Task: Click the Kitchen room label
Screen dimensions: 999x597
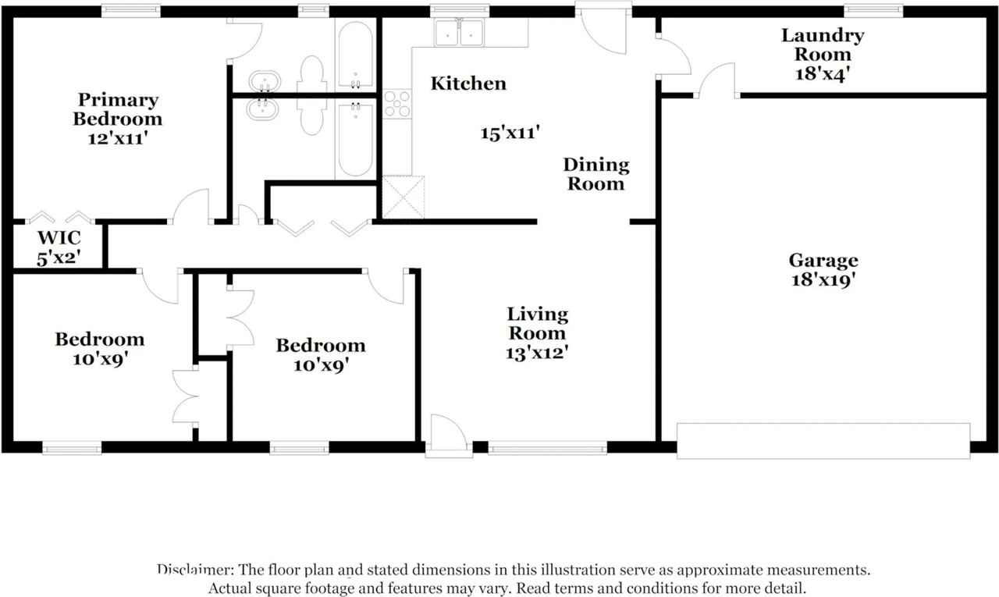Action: click(x=468, y=84)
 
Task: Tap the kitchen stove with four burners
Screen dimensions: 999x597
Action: click(x=397, y=104)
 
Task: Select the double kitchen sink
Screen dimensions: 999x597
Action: click(x=459, y=33)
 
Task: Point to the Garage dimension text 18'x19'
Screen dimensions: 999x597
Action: click(x=823, y=280)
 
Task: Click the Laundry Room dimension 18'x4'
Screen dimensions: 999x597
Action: click(x=823, y=74)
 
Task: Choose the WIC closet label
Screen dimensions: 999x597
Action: click(x=59, y=238)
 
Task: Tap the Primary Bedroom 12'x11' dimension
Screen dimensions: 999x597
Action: click(x=117, y=139)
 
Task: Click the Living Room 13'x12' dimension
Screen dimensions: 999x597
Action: click(x=537, y=353)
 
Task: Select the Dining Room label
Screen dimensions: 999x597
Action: click(x=596, y=174)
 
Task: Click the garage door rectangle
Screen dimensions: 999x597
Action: click(x=823, y=441)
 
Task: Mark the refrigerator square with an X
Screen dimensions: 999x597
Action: click(x=404, y=197)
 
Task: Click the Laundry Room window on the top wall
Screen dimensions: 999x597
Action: click(x=873, y=11)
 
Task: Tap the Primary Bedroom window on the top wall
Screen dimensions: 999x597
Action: click(x=130, y=11)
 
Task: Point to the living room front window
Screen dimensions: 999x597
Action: click(x=548, y=448)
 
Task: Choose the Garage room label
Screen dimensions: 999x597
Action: click(x=823, y=261)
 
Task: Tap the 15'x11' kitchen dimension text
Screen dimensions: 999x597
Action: click(x=510, y=133)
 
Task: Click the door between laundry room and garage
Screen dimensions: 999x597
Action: click(x=716, y=80)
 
